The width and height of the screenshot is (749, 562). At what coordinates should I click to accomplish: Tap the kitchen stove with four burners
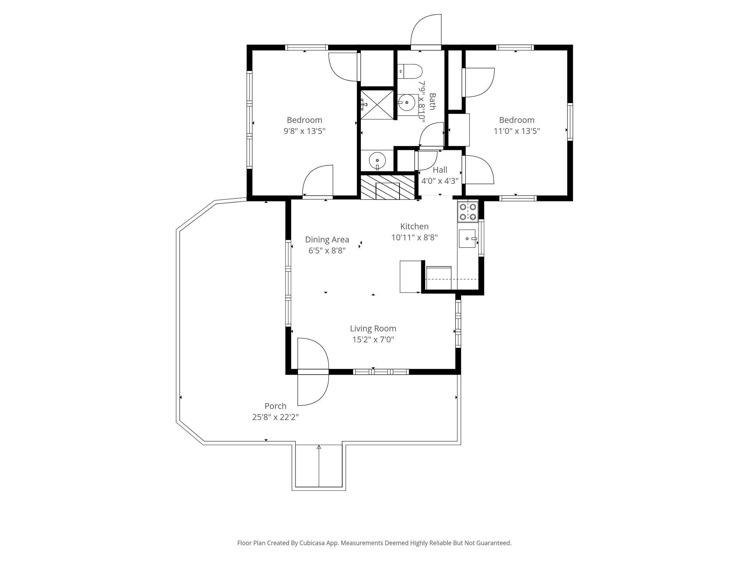(x=468, y=212)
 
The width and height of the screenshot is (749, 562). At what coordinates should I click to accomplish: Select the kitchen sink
(x=468, y=238)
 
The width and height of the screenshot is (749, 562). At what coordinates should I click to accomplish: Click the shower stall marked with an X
(x=377, y=105)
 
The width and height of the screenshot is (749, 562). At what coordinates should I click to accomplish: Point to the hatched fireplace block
(x=387, y=187)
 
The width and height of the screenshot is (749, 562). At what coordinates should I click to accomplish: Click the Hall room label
(x=440, y=170)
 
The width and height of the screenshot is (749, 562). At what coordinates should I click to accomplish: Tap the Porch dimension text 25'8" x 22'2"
(x=275, y=417)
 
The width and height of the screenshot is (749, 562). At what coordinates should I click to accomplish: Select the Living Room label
(x=373, y=329)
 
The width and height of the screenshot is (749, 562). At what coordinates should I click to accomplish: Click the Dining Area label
(x=327, y=240)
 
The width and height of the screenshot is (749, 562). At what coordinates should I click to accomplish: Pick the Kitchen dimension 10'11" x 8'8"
(x=415, y=237)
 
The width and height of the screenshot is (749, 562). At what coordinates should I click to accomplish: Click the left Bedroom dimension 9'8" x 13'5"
(x=304, y=131)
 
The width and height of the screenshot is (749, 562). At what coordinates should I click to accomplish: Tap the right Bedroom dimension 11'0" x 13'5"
(x=517, y=131)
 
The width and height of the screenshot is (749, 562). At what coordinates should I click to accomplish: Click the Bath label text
(x=432, y=101)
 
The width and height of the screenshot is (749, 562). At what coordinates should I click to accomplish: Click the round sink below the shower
(x=377, y=160)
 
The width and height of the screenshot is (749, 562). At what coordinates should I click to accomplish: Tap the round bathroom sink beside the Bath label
(x=407, y=103)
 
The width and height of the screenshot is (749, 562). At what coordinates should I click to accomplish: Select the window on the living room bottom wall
(x=381, y=372)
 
